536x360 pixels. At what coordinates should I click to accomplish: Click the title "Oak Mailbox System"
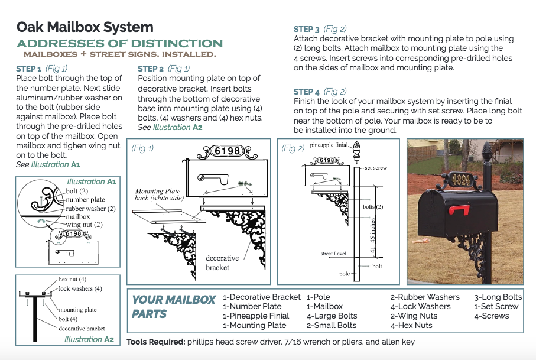85,27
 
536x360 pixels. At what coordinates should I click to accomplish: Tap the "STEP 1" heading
29,69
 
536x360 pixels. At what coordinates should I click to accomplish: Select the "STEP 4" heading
306,92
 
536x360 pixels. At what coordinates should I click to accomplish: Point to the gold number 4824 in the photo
461,179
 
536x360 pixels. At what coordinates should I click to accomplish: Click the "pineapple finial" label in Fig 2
329,145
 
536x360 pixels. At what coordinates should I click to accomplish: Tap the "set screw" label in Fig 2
376,168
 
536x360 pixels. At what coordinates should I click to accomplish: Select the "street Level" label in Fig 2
333,254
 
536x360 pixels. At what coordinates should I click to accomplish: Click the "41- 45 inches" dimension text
373,235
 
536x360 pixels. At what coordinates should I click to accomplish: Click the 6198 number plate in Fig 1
228,151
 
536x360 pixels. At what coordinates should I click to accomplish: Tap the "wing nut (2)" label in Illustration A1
84,225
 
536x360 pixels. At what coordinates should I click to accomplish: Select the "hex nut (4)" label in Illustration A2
72,280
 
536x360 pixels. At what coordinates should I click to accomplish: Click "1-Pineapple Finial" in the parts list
256,316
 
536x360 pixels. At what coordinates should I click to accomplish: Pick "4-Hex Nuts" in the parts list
411,326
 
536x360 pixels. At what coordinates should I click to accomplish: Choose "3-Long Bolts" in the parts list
498,297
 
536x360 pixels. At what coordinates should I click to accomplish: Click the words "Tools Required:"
156,342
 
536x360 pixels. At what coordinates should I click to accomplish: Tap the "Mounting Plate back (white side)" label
159,194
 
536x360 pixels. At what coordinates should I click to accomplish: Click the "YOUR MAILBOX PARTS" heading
174,307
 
